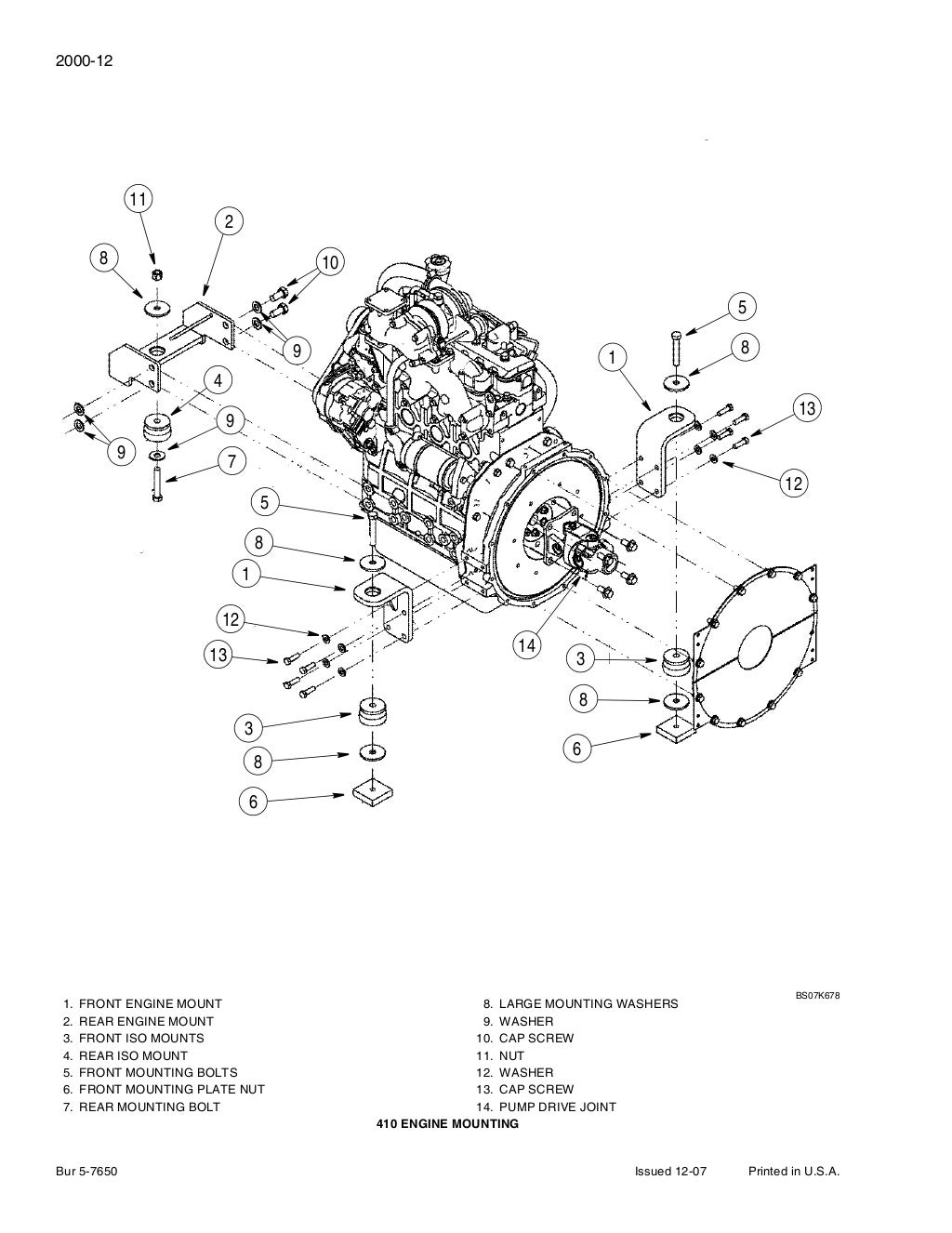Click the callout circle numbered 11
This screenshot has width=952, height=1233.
[139, 199]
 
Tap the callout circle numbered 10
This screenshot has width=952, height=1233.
[329, 262]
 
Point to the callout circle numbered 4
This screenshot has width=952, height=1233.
[218, 381]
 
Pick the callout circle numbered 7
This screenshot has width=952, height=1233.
[231, 461]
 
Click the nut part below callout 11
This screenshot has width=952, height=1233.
[157, 274]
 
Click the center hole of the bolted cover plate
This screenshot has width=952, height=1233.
[759, 643]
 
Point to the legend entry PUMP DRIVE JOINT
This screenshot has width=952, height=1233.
[557, 1107]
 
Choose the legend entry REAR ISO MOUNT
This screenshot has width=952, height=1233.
[132, 1055]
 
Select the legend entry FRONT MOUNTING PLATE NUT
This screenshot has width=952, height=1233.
[171, 1089]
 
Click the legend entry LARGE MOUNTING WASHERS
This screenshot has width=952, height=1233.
[588, 1004]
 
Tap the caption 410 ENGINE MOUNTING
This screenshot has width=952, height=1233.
[447, 1124]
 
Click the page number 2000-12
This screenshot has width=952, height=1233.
[85, 61]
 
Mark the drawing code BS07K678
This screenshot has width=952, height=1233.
[817, 995]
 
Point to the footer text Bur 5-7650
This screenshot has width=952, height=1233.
[86, 1172]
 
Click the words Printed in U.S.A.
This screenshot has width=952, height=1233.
[794, 1172]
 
